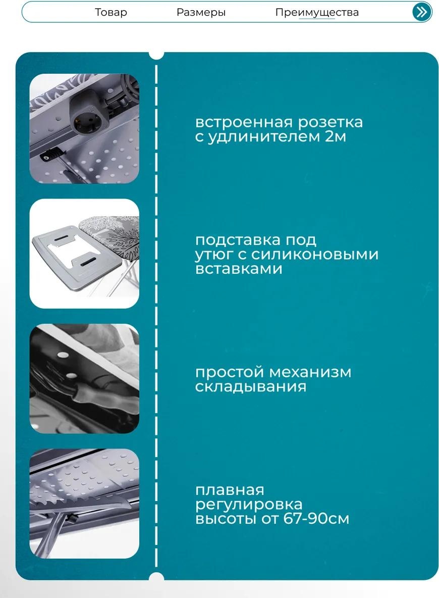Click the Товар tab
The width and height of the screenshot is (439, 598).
point(111,12)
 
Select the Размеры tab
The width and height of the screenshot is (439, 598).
point(201,12)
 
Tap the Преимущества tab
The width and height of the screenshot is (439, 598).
point(317,12)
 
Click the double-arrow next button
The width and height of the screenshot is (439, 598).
point(421,12)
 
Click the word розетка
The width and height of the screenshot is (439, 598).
point(330,122)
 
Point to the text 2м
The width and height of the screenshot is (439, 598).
point(336,137)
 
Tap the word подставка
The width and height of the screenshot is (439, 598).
point(237,240)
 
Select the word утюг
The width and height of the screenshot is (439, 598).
point(215,255)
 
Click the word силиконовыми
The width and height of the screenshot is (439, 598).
point(315,255)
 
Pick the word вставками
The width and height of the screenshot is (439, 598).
point(239,269)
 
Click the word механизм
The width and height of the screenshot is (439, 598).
point(310,372)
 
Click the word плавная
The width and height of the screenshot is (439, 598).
point(230,490)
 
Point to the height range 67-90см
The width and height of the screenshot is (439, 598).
point(316,519)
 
